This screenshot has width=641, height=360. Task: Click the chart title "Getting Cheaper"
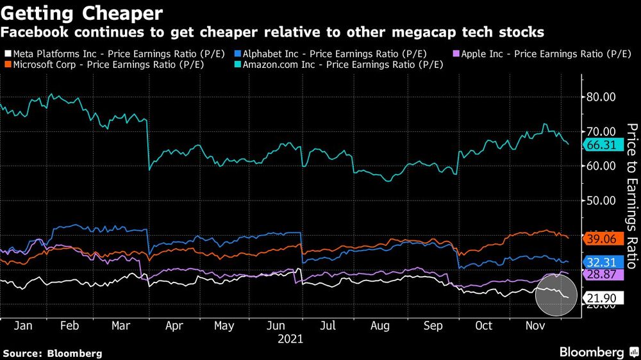click(83, 13)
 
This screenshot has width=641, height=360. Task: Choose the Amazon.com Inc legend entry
click(340, 65)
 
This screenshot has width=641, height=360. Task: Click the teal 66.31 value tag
click(601, 145)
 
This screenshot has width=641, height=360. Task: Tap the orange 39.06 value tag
click(601, 238)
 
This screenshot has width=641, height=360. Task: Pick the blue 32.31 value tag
click(601, 261)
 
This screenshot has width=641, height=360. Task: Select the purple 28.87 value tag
click(601, 274)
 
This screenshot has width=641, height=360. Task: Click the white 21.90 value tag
click(601, 297)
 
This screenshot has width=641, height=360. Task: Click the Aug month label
click(380, 325)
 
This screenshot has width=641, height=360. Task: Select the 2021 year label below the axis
click(290, 338)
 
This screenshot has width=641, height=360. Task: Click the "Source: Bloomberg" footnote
click(53, 353)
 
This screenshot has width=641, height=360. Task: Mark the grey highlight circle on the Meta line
click(555, 294)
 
